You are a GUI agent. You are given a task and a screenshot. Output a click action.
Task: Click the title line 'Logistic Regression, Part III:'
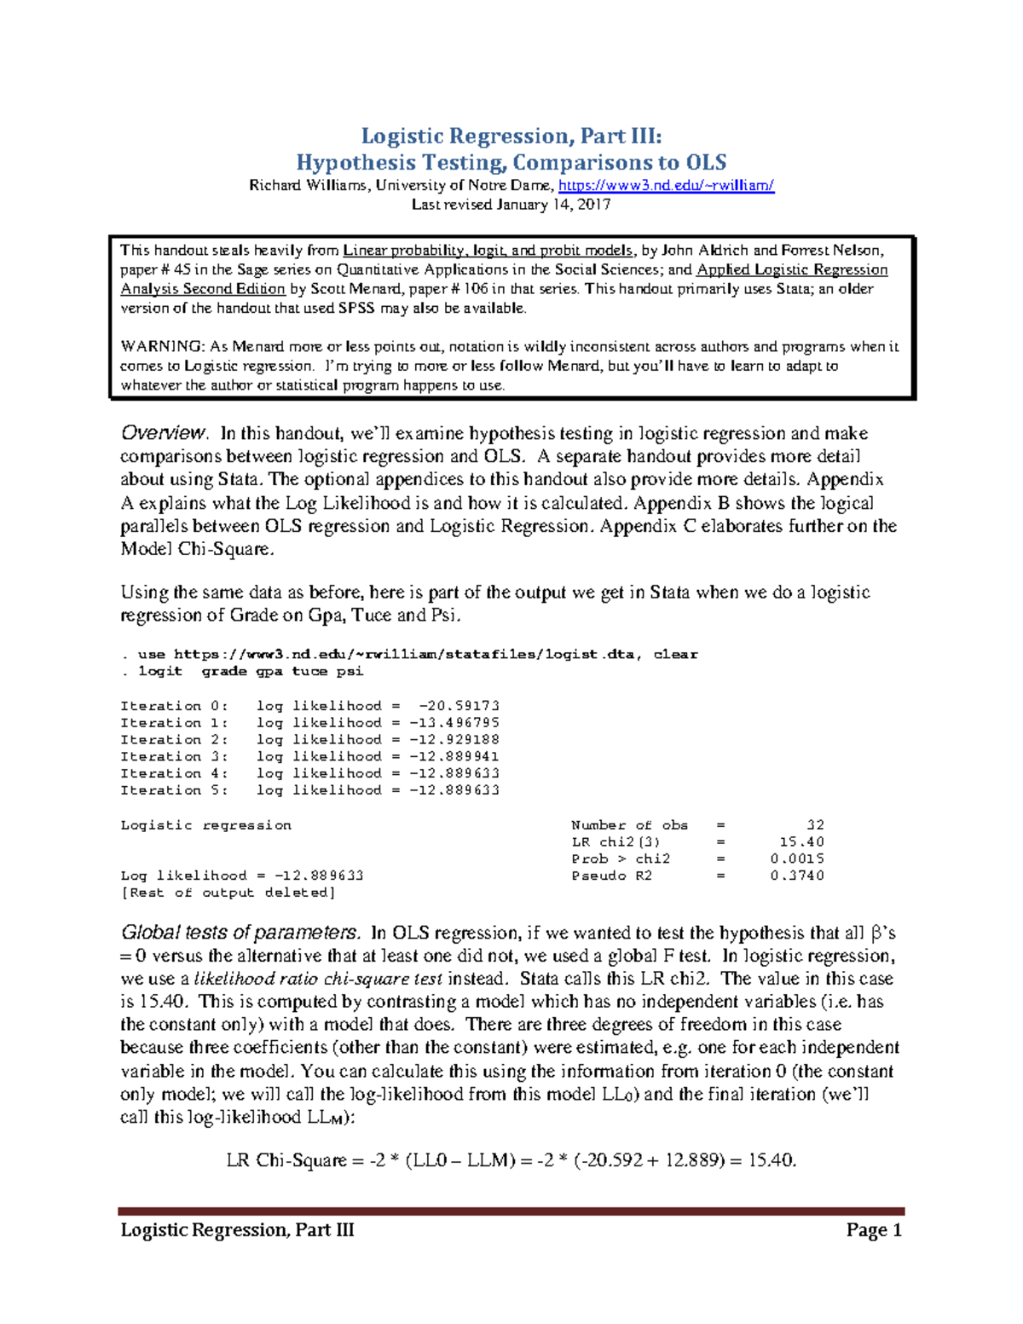tap(511, 136)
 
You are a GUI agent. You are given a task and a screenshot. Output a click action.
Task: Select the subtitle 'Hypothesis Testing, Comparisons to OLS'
tap(511, 162)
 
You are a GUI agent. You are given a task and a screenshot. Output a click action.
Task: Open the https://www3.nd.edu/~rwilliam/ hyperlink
tap(666, 185)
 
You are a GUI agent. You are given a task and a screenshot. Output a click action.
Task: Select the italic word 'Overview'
tap(164, 433)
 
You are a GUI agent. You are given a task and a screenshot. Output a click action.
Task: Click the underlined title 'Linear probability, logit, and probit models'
tap(488, 251)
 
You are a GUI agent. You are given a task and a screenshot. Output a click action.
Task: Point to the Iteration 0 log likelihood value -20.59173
tap(459, 706)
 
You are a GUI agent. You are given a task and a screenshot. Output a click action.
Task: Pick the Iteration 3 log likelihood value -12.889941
tap(454, 756)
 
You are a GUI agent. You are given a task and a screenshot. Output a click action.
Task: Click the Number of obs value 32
tap(815, 825)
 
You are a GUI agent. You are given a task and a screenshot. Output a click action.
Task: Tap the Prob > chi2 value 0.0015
tap(797, 859)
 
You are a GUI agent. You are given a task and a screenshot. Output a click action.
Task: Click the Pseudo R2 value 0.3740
tap(797, 876)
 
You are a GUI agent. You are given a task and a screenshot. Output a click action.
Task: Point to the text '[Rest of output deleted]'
tap(228, 893)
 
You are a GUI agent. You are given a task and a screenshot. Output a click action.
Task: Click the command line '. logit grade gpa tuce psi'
tap(242, 672)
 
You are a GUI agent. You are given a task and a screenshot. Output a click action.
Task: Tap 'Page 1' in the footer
tap(874, 1229)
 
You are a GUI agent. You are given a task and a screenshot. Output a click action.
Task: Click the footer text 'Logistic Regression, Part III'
tap(237, 1229)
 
